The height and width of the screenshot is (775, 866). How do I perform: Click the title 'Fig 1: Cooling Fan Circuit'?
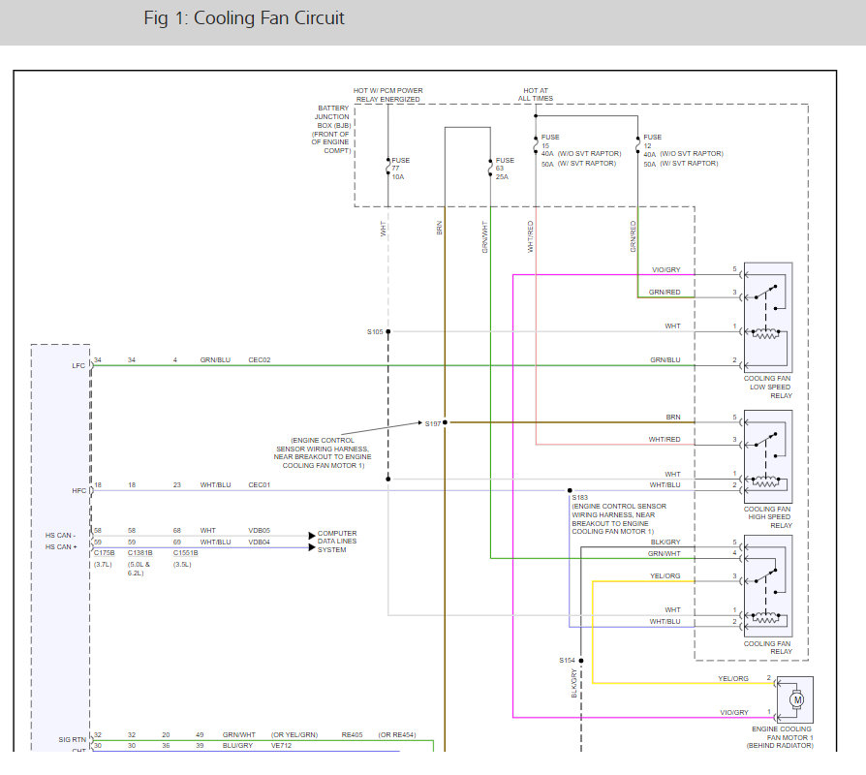244,18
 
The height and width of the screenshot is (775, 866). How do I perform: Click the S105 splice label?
375,331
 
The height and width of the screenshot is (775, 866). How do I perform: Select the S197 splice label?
432,423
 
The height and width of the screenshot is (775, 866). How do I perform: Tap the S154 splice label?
567,660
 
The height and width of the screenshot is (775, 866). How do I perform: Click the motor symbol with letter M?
797,699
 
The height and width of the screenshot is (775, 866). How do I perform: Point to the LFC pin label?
77,365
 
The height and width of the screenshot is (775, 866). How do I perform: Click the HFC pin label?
77,491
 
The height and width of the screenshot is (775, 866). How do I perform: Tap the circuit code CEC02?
260,360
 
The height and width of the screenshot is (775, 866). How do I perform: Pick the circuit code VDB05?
260,530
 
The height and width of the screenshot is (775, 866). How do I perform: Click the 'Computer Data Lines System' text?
337,542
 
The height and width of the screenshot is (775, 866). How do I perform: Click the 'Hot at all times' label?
538,95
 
